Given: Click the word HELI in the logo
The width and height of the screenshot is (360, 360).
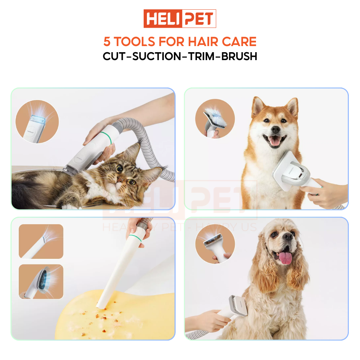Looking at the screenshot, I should pyautogui.click(x=162, y=19).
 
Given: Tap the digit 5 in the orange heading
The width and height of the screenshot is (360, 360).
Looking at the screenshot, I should pyautogui.click(x=107, y=42).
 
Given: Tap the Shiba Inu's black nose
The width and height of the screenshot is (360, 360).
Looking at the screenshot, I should pyautogui.click(x=275, y=129).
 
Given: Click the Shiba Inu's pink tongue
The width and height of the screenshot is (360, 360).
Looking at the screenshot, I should pyautogui.click(x=275, y=141).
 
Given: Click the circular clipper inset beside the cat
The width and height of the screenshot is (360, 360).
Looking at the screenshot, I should pyautogui.click(x=37, y=122).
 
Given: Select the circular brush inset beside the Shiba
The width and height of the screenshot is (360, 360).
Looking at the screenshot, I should pyautogui.click(x=215, y=118).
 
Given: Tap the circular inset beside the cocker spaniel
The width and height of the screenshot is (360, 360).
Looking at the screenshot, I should pyautogui.click(x=215, y=244).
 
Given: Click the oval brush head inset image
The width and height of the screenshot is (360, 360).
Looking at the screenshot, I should pyautogui.click(x=41, y=282).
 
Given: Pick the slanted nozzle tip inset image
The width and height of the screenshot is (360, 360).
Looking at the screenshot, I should pyautogui.click(x=41, y=241).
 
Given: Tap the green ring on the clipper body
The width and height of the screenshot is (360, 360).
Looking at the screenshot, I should pyautogui.click(x=105, y=136).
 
